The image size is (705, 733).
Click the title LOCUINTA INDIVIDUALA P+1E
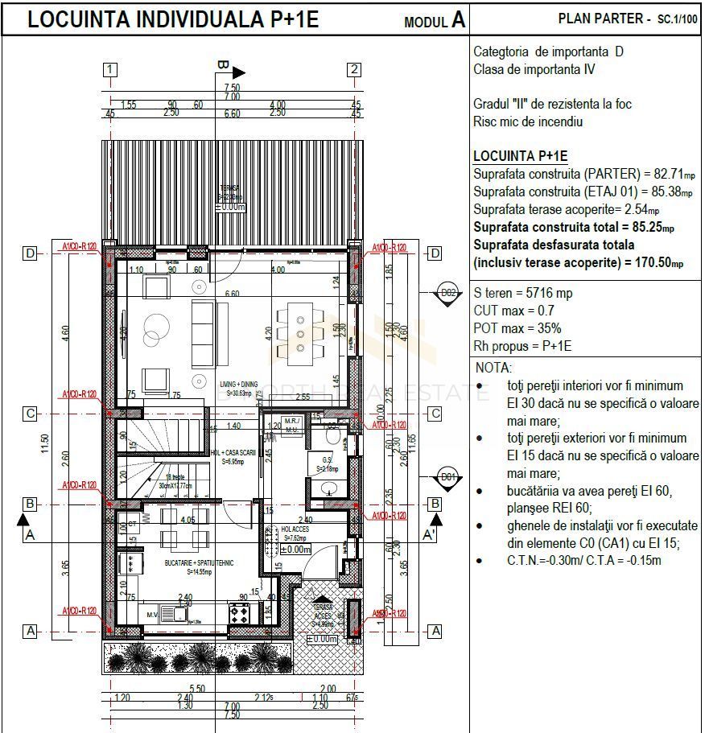[173, 20]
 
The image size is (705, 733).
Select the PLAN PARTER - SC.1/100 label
[628, 19]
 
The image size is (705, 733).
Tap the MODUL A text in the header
[435, 21]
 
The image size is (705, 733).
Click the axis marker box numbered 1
[110, 69]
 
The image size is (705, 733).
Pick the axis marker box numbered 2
[354, 69]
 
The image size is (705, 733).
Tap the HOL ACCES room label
[295, 531]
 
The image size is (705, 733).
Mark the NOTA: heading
[493, 368]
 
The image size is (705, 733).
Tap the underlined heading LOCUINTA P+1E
[520, 156]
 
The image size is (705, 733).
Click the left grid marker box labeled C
[30, 414]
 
